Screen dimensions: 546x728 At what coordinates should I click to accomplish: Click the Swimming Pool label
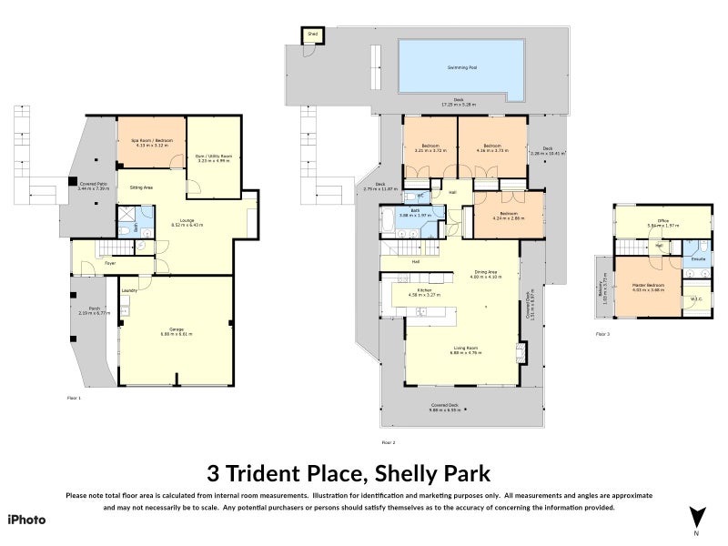[461, 67]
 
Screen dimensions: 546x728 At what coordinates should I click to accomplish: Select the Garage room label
[164, 330]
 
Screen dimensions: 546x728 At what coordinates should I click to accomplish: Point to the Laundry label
[128, 290]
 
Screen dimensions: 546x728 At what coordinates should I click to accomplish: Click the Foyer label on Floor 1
[109, 263]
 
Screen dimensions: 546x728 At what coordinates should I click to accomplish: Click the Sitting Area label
[141, 187]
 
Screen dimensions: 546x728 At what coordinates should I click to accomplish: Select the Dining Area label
[485, 271]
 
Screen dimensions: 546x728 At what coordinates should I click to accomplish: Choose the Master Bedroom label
[648, 286]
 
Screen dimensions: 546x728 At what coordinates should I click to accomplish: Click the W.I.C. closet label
[696, 299]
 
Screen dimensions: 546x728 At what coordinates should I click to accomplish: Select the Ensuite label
[698, 259]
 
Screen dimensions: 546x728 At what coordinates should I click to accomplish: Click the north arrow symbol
[697, 518]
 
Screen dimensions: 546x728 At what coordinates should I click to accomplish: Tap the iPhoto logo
[26, 520]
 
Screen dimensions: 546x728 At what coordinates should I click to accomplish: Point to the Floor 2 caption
[388, 442]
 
